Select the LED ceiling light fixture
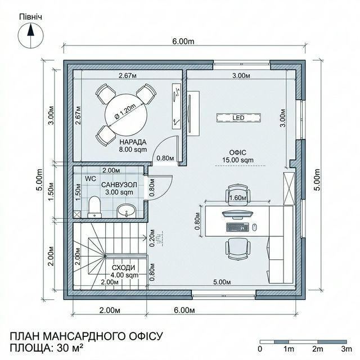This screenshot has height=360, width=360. [239, 118]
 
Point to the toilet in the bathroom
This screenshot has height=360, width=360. [94, 206]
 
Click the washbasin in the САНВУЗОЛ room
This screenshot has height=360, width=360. [126, 211]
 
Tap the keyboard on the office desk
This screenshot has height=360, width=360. [237, 227]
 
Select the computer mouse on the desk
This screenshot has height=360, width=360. [254, 227]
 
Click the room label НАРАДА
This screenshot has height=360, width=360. [133, 142]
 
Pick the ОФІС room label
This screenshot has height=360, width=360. [236, 152]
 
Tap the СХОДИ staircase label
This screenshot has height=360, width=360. [124, 267]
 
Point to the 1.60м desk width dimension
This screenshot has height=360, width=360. [237, 197]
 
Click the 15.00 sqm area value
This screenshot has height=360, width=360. [236, 160]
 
